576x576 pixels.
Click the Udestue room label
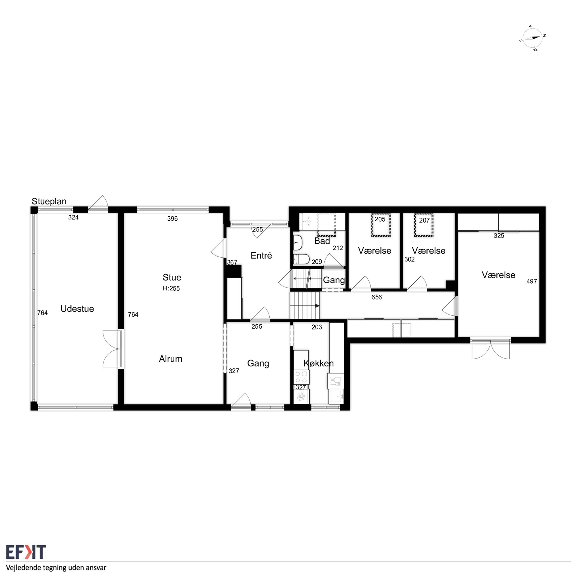(77, 309)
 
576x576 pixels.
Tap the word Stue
(172, 277)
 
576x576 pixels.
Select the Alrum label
(171, 359)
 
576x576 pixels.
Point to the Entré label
(261, 255)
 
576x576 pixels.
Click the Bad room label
(322, 241)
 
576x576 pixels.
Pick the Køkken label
(318, 363)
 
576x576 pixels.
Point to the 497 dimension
(531, 281)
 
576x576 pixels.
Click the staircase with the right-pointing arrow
(305, 306)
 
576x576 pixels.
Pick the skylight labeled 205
(381, 225)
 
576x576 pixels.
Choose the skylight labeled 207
(424, 225)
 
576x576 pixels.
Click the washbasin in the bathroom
(298, 242)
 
